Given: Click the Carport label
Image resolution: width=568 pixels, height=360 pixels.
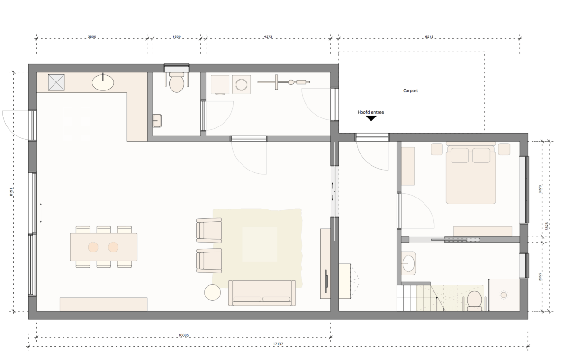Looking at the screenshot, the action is coord(410,91).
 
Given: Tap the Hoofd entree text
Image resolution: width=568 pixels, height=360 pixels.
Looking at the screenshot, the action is coord(370,112).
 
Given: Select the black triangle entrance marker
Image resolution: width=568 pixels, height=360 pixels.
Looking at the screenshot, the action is coord(371,118).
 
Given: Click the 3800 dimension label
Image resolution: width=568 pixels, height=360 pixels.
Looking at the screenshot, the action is coord(92,36).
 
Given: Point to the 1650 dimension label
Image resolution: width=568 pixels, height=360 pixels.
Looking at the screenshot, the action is coord(176,36).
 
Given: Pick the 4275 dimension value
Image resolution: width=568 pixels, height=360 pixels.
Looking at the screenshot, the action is coord(268,36).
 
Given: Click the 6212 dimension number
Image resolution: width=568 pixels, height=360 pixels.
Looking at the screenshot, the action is coord(429,36).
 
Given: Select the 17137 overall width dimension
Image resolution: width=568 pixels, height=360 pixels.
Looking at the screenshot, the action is coord(278,344).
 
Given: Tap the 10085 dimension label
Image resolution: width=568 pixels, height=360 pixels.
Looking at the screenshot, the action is coord(184,335).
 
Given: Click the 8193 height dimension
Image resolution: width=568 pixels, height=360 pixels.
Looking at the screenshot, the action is coord(11,191).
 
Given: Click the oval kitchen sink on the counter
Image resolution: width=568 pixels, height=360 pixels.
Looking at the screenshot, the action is coord(103,82).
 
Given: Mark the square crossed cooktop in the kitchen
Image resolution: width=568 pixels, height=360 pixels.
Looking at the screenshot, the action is coord(56,82).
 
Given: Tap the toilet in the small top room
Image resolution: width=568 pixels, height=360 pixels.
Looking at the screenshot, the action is coord(177,82).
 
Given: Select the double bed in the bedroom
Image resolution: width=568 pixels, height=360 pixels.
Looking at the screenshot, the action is coord(470,173).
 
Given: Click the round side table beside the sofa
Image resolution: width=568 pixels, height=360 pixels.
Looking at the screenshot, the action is coord(212,292).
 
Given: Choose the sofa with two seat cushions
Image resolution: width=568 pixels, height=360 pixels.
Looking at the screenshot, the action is coord(262,293).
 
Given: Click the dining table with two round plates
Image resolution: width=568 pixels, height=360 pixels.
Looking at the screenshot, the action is coord(104,247).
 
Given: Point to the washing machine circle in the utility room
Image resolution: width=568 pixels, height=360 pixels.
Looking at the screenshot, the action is coord(241,85).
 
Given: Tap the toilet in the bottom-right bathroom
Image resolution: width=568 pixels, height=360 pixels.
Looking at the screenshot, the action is coord(474,301).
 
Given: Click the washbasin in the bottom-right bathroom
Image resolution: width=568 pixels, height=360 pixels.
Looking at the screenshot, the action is coord(409,262).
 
